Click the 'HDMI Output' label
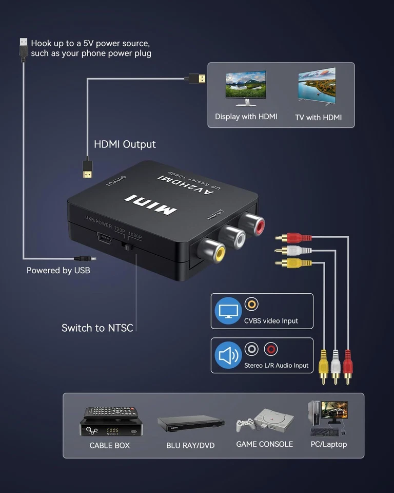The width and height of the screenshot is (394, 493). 125,144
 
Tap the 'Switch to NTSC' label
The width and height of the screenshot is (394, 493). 97,328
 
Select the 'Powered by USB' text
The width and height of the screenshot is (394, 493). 58,270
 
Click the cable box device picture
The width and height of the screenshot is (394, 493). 109,421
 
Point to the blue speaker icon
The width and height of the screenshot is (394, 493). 228,355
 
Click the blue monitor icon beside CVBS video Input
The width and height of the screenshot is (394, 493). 228,311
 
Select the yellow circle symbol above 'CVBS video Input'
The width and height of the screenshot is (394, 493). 251,305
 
